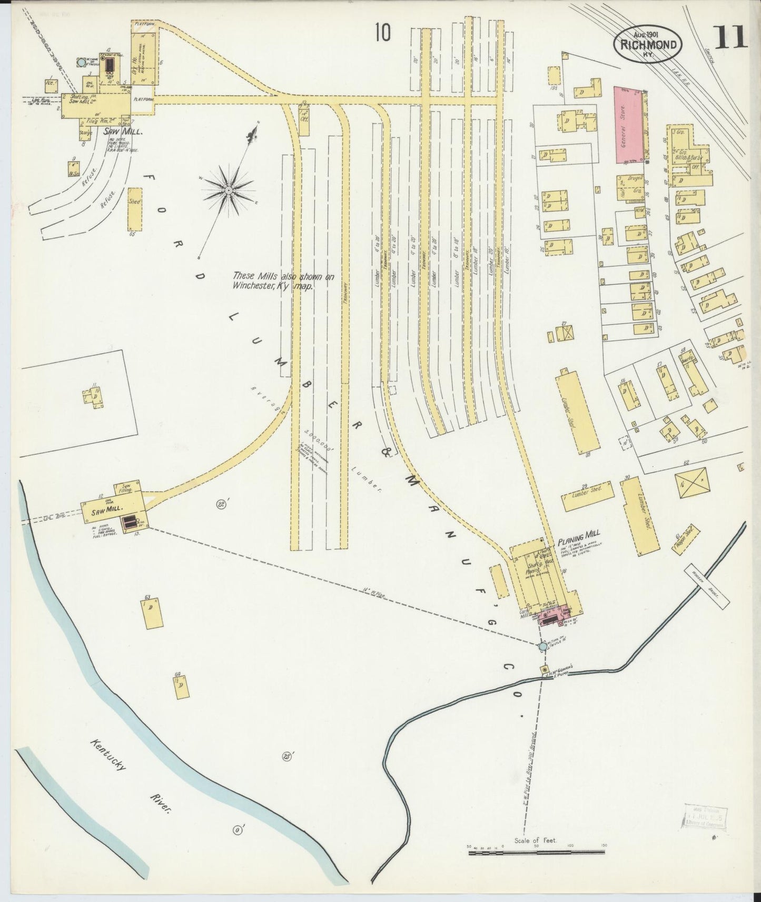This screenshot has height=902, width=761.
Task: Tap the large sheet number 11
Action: click(x=730, y=38)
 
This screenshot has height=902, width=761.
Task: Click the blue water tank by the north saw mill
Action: click(x=80, y=63)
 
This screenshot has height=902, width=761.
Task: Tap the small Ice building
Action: click(x=51, y=85)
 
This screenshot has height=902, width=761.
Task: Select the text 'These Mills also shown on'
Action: click(x=283, y=276)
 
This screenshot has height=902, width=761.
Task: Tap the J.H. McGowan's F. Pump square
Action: click(x=545, y=669)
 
